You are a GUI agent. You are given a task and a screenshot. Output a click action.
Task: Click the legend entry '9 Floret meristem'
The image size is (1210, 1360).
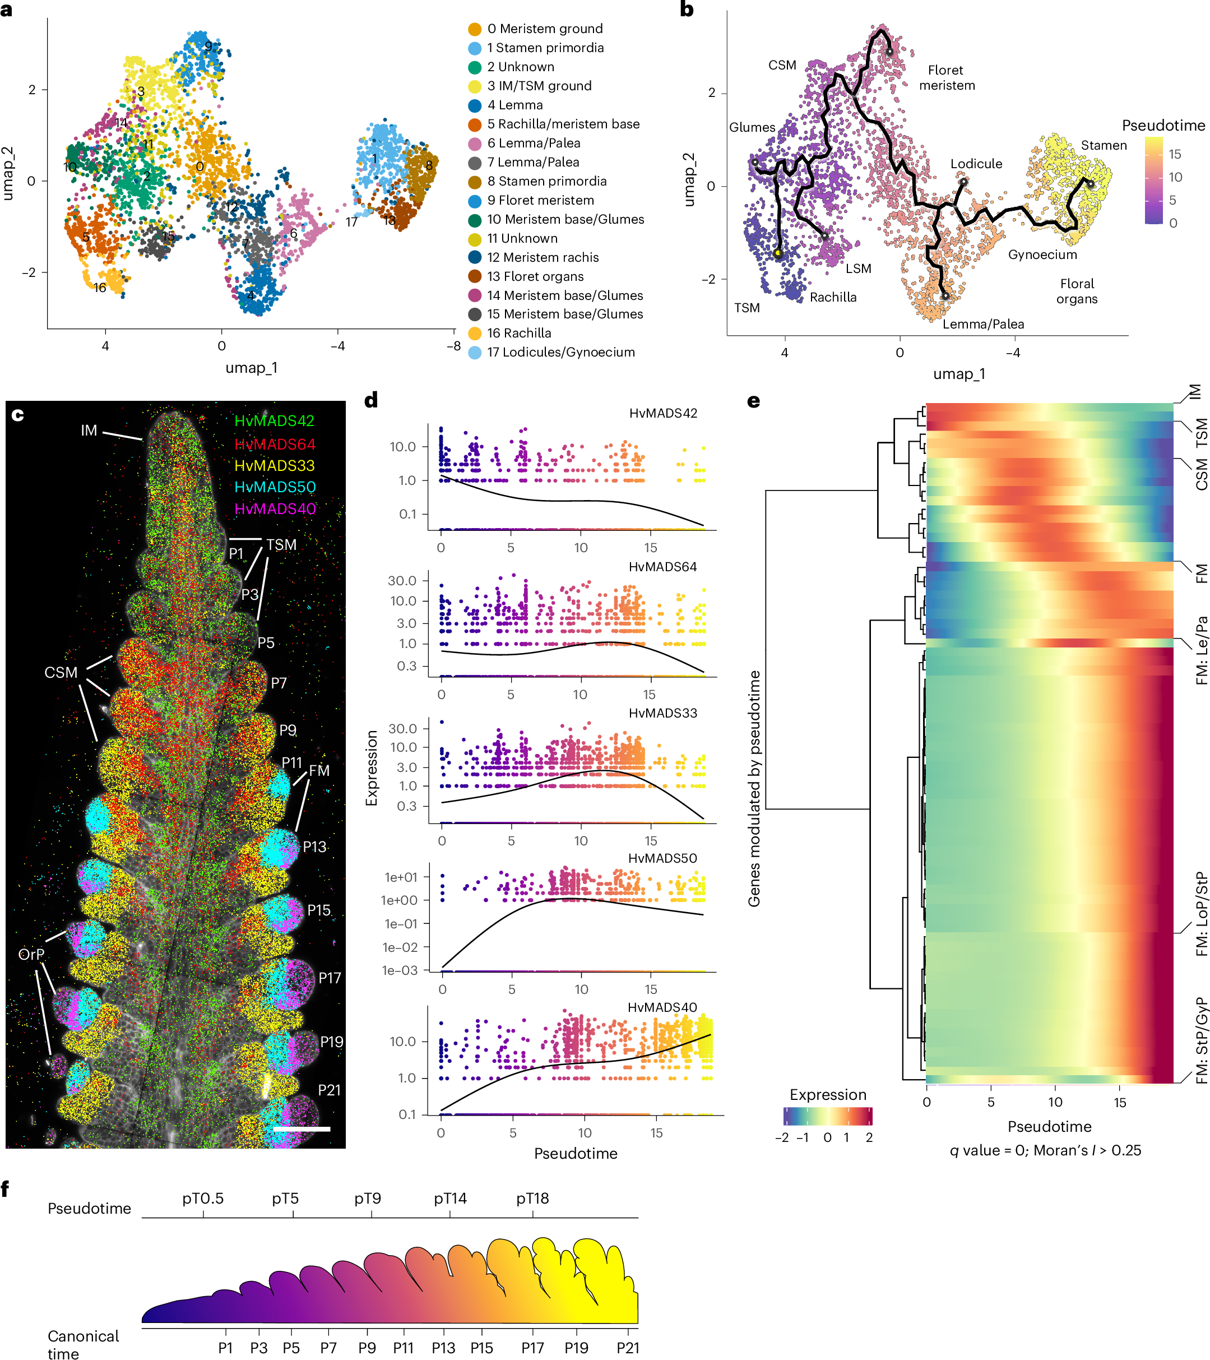click(x=540, y=200)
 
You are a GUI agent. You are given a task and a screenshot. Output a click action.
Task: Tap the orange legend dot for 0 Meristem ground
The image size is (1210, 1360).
click(x=474, y=29)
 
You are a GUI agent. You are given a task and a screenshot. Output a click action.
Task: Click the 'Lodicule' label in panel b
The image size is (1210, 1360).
click(x=976, y=164)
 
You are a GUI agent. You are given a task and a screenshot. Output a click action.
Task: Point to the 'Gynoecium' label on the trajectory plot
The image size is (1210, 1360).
click(x=1042, y=255)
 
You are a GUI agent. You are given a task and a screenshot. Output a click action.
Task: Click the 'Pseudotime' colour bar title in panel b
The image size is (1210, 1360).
click(x=1163, y=126)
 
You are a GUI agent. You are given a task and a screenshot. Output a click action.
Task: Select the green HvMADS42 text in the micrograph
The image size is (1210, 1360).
click(x=274, y=420)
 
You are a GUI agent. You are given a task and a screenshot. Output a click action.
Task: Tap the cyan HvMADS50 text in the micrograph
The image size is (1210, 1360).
click(x=275, y=487)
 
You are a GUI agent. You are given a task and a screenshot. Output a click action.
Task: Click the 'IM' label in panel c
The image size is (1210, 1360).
click(x=89, y=431)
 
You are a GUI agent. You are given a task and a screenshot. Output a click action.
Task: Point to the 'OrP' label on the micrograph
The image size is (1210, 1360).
click(x=31, y=954)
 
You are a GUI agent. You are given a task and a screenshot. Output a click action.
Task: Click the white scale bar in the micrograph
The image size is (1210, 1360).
click(x=302, y=1128)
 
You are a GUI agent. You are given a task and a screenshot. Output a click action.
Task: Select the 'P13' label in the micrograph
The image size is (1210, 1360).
click(x=314, y=847)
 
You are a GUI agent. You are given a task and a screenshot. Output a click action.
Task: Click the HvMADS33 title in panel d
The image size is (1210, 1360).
click(x=662, y=713)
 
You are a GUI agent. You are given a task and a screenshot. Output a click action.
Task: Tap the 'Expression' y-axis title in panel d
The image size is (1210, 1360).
click(x=371, y=768)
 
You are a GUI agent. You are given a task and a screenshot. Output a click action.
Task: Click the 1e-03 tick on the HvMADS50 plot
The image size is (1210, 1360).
click(x=399, y=970)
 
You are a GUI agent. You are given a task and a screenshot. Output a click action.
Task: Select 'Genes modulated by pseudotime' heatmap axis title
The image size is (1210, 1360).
click(x=754, y=788)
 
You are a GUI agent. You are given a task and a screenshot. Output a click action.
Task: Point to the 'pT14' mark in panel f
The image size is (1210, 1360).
click(x=451, y=1199)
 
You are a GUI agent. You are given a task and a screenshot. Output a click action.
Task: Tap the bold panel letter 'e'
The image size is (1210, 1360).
click(x=753, y=401)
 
